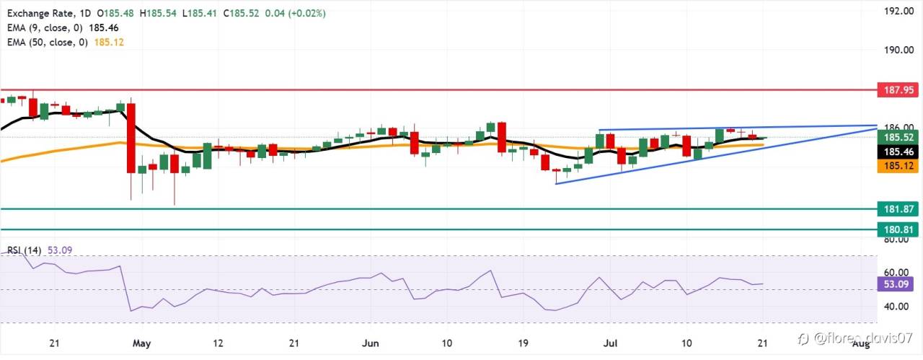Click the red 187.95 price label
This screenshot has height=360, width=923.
coord(898,90)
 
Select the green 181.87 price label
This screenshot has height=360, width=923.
coord(898,209)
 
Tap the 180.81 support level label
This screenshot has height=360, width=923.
coord(898,229)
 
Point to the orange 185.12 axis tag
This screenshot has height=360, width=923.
coord(898,166)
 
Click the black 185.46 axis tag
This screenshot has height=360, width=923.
coord(898,152)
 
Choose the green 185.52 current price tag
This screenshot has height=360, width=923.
coord(898,137)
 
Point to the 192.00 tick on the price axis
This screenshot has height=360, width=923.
coord(898,11)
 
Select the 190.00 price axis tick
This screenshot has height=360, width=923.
coord(898,50)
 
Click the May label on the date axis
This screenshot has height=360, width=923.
coord(142,343)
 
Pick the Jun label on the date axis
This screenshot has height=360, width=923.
coord(370,343)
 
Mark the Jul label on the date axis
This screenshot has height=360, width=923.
coord(610,343)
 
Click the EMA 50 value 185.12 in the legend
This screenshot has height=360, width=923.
coord(109,42)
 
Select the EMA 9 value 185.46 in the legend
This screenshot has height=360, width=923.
coord(103,27)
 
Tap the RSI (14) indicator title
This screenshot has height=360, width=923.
coord(25,250)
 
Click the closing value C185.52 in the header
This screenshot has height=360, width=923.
coord(241,13)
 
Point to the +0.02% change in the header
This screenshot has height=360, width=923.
coord(307,13)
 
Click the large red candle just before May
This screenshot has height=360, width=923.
coord(131,138)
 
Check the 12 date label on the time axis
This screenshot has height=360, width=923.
coord(218,343)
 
